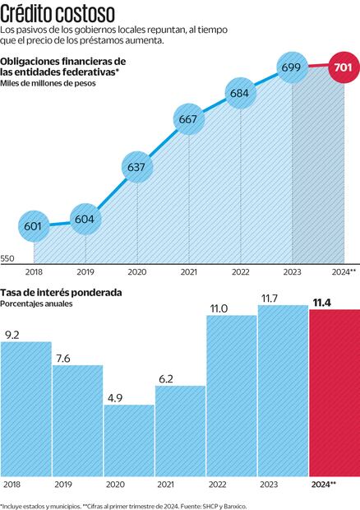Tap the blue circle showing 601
(x=33, y=225)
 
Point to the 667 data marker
(x=187, y=120)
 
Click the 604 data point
(x=85, y=220)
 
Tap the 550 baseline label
(x=8, y=259)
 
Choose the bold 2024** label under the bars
(x=322, y=485)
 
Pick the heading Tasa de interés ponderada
(x=62, y=292)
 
